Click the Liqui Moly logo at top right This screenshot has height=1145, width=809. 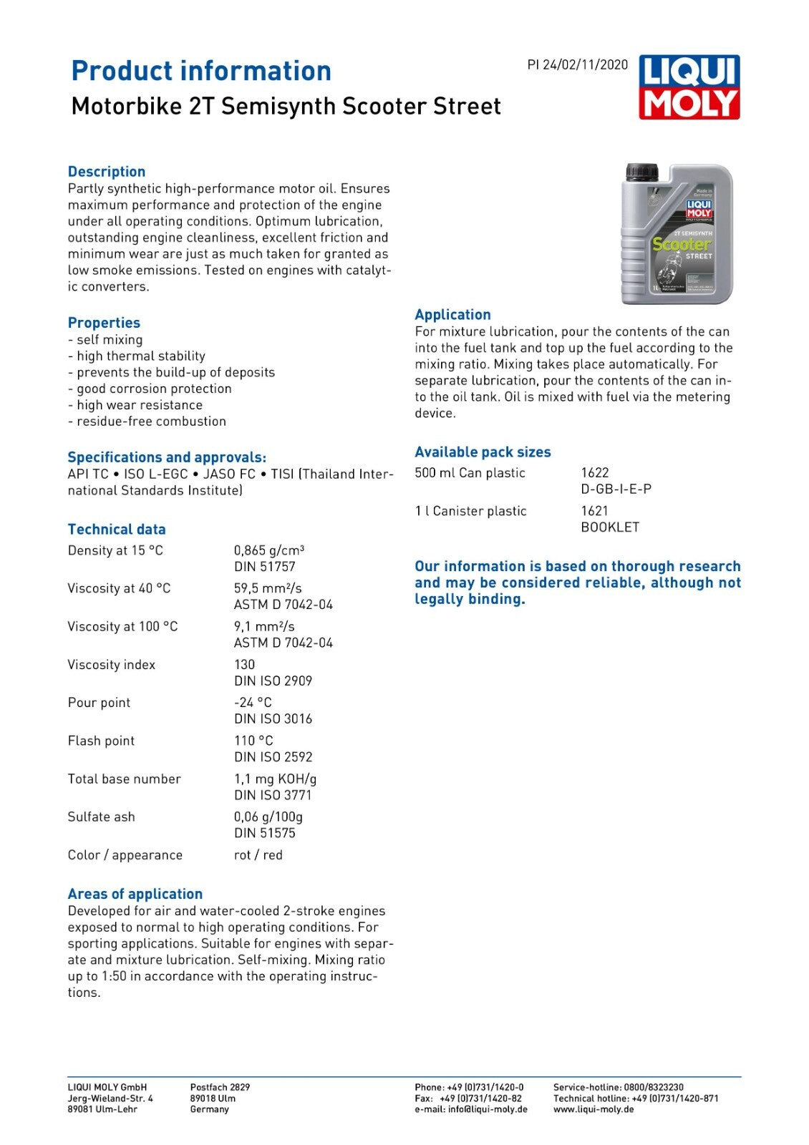(x=689, y=87)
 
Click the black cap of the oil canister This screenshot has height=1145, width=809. (x=641, y=172)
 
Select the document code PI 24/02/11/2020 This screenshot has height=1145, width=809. (x=577, y=65)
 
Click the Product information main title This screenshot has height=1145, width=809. (x=201, y=71)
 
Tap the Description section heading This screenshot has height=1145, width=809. (x=107, y=172)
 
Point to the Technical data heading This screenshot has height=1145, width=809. (x=117, y=530)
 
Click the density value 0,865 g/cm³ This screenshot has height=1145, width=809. (x=268, y=550)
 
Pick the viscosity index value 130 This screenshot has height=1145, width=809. (x=244, y=664)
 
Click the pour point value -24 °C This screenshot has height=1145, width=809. (x=253, y=702)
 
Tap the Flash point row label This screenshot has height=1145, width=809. (x=101, y=741)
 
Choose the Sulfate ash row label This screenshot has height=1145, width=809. (x=101, y=817)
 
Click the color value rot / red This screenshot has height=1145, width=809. (x=258, y=854)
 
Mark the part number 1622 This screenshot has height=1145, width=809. (x=595, y=473)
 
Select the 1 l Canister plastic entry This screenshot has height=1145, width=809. (x=470, y=511)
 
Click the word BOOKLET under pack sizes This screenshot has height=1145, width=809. (x=610, y=527)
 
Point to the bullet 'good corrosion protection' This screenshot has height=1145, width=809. (x=150, y=389)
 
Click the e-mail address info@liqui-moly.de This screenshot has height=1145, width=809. (x=488, y=1109)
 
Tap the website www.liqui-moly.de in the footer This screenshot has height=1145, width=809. (x=594, y=1109)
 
